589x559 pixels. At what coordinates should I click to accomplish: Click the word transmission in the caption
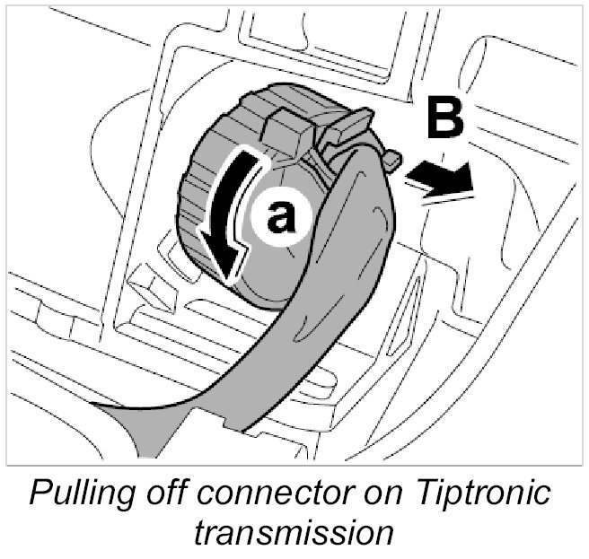point(294,533)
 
